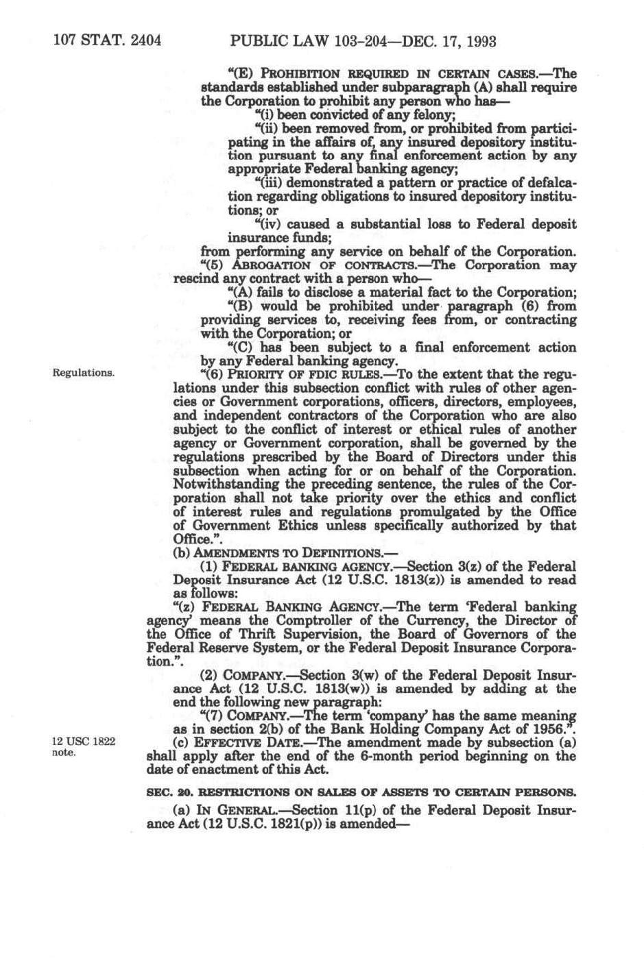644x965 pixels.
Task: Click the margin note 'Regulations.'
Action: pyautogui.click(x=83, y=373)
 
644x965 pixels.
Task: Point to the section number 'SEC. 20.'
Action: pyautogui.click(x=167, y=792)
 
